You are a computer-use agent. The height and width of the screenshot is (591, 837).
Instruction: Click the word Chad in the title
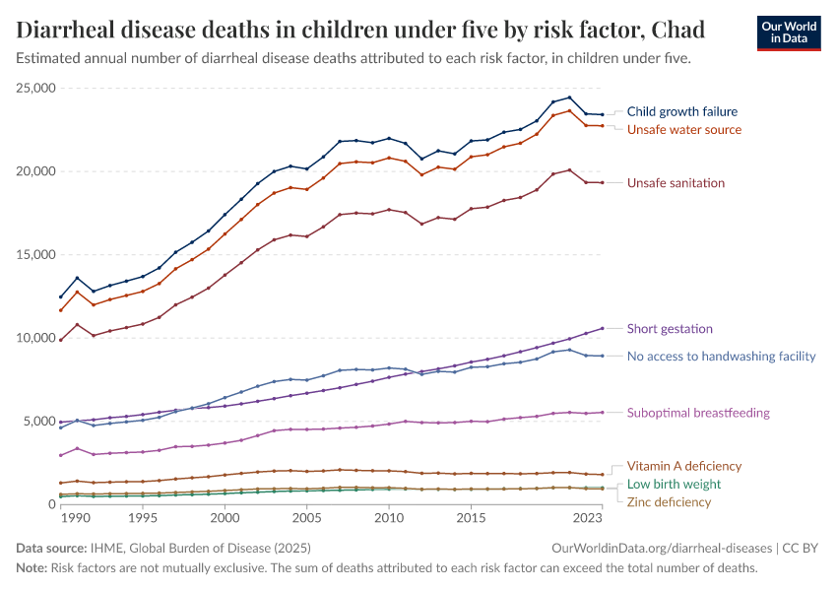[705, 30]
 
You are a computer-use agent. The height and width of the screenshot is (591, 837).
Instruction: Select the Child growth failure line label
[681, 112]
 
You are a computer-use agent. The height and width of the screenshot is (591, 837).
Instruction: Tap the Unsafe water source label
[683, 130]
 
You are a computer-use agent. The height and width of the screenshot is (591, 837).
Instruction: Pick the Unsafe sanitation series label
[676, 183]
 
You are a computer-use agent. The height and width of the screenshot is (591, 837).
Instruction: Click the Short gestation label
[670, 329]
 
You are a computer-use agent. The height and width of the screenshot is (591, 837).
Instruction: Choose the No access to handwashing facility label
[721, 356]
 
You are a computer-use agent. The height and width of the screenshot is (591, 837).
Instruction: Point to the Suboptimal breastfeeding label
[698, 413]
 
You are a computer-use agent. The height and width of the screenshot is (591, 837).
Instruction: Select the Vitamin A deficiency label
[683, 466]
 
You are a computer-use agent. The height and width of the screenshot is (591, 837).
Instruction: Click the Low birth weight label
[674, 485]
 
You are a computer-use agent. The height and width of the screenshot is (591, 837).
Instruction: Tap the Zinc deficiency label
[669, 502]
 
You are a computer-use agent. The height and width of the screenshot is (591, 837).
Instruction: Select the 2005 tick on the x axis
[306, 517]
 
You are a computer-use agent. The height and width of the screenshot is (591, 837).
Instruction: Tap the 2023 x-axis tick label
[589, 517]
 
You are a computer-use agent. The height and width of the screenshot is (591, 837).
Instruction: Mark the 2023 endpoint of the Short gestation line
[603, 328]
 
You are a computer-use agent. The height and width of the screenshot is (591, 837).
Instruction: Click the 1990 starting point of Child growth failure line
[61, 296]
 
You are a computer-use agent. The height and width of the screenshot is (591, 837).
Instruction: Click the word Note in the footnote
[32, 568]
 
